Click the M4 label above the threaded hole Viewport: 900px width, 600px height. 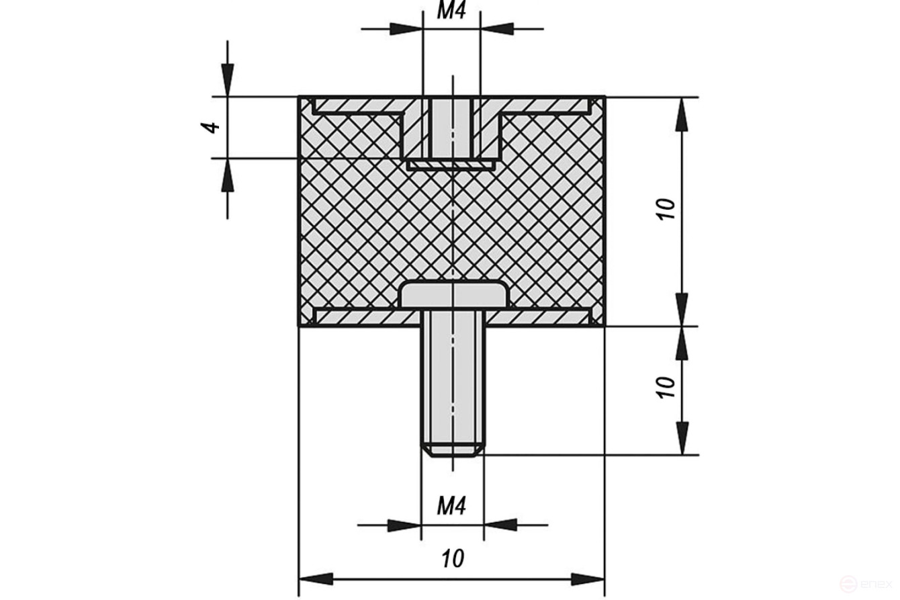click(x=451, y=11)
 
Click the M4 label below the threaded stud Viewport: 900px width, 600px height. click(x=451, y=505)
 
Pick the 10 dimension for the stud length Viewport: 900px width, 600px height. click(x=666, y=388)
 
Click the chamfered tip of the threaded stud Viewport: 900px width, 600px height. click(x=452, y=450)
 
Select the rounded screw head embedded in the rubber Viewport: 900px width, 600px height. click(x=453, y=294)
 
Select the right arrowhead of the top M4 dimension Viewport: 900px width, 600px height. click(x=498, y=29)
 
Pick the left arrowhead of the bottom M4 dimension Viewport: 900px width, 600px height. click(x=404, y=525)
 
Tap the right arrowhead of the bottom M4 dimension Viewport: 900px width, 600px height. click(x=500, y=525)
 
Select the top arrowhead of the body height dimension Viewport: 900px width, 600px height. click(x=682, y=114)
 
